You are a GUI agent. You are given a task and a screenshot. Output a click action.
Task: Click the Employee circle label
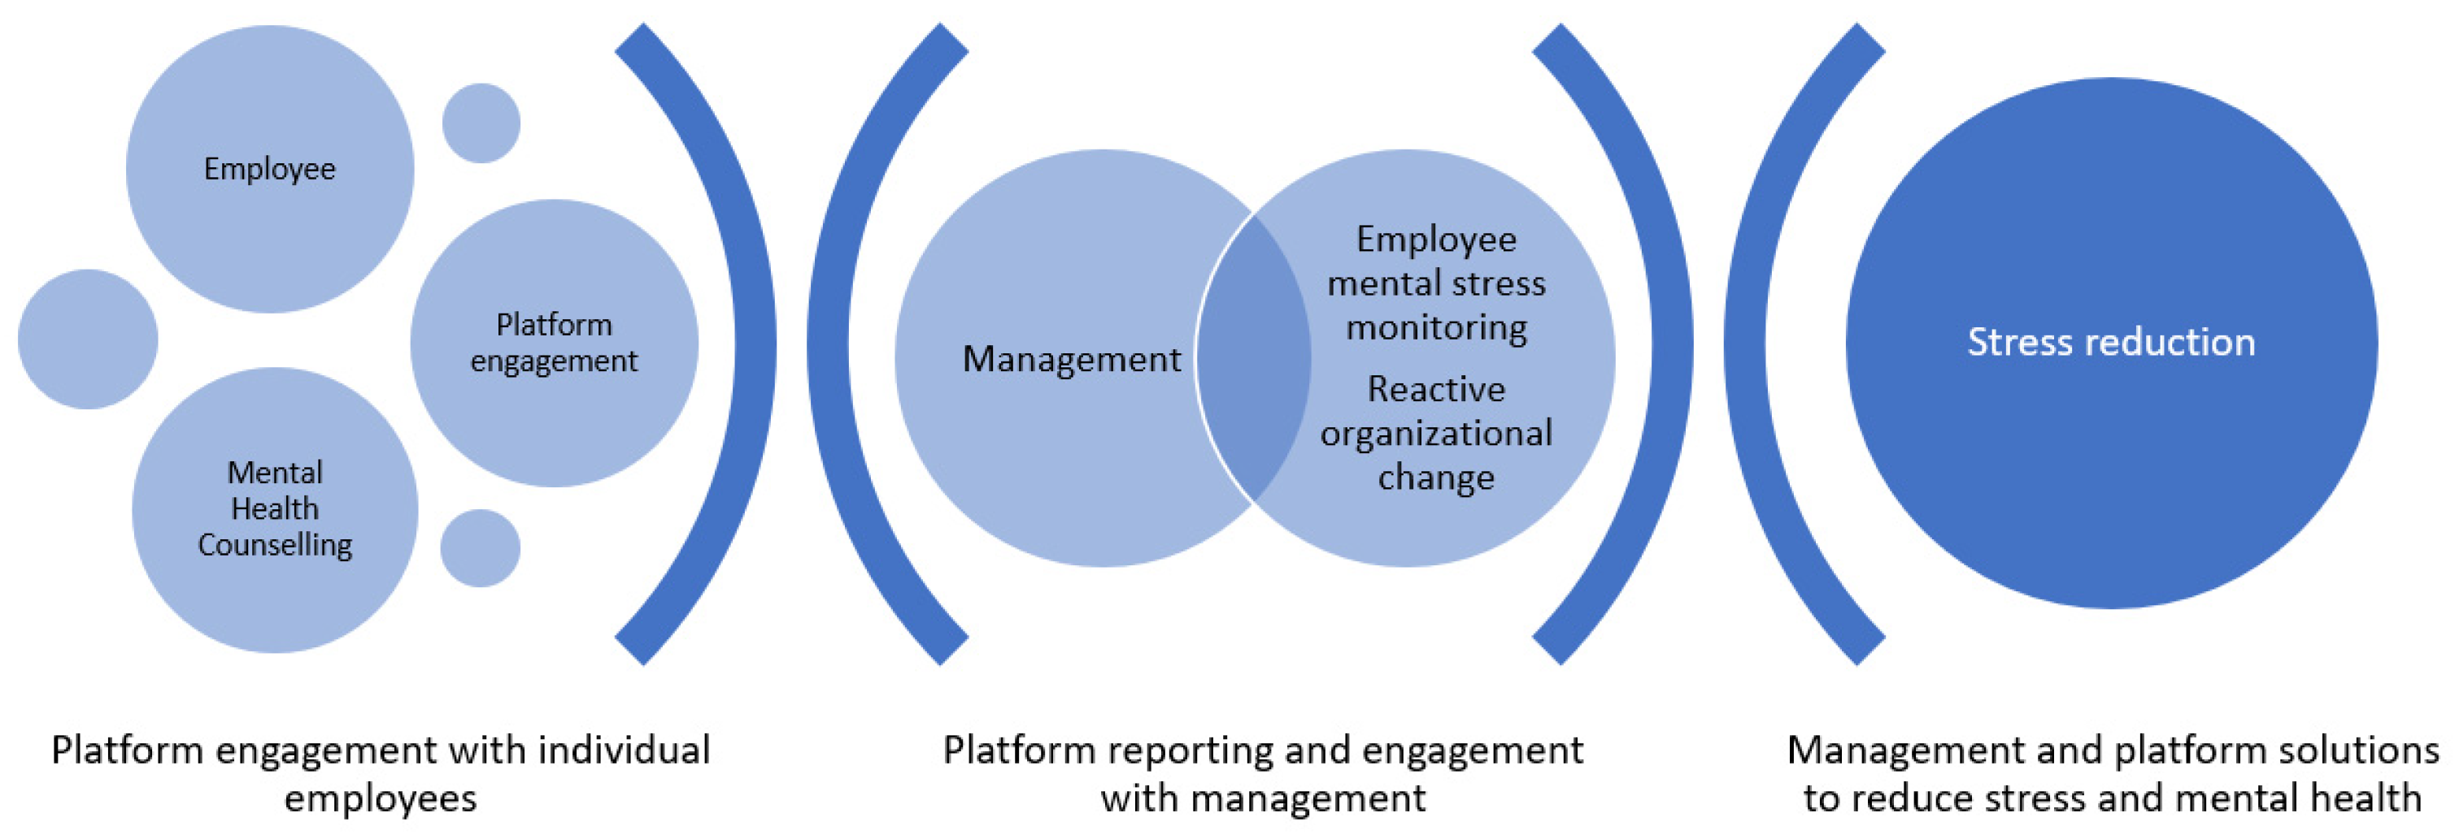tap(270, 170)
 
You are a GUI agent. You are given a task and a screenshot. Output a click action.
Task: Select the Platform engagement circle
tap(554, 343)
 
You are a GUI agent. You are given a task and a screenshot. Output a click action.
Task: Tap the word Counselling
tap(276, 545)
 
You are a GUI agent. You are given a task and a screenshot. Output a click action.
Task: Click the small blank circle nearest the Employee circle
tap(481, 123)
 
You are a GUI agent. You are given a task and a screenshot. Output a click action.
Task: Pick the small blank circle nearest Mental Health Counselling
tap(481, 547)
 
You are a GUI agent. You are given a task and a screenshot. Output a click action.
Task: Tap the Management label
tap(1071, 359)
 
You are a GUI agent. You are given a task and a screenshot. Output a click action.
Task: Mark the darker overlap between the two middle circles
tap(1253, 358)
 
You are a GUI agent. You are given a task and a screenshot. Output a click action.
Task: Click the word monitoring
tap(1436, 327)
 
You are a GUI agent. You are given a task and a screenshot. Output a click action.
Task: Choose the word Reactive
tap(1436, 388)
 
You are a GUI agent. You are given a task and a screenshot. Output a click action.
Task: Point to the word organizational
tap(1436, 434)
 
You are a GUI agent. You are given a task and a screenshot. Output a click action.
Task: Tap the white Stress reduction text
tap(2111, 342)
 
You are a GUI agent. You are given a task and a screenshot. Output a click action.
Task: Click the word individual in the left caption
tap(625, 750)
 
